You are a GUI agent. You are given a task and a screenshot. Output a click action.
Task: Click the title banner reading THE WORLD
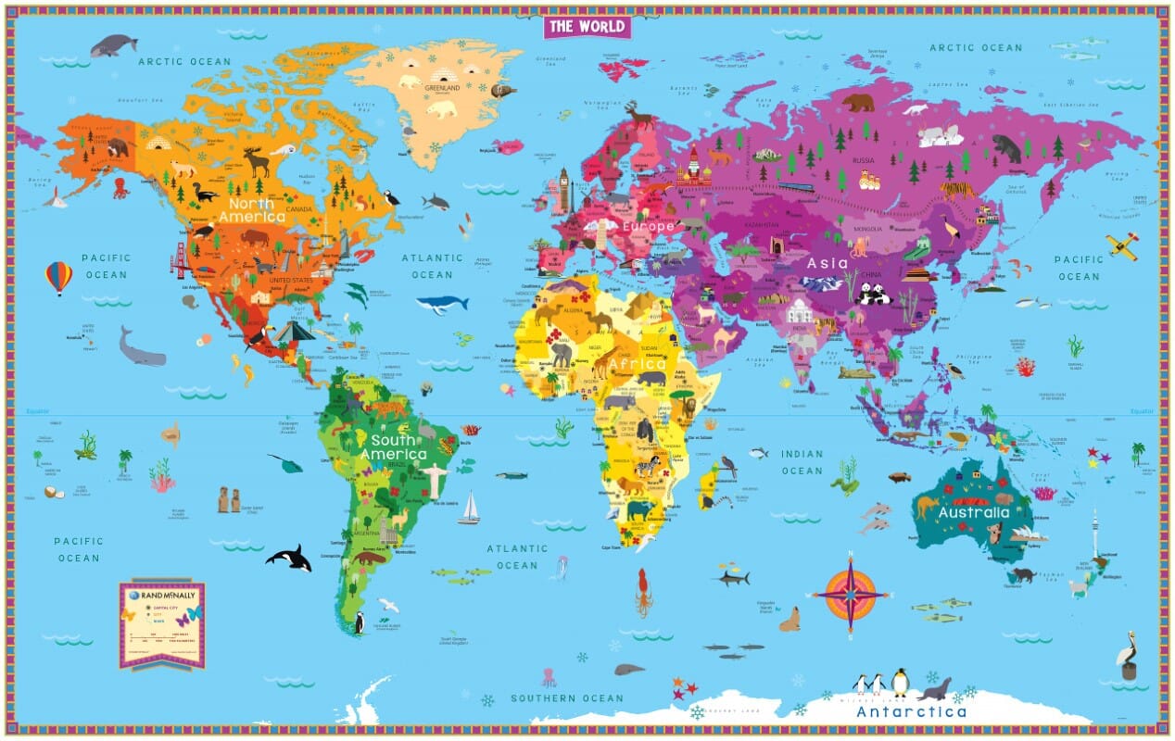tap(587, 26)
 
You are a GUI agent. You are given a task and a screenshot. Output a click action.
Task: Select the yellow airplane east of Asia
tap(1122, 245)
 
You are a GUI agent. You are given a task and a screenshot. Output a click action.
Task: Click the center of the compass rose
tap(848, 594)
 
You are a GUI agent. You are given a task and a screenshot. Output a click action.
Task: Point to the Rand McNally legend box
tap(161, 623)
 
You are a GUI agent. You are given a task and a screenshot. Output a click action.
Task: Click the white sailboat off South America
tap(470, 508)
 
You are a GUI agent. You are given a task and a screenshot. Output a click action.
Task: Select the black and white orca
tap(288, 558)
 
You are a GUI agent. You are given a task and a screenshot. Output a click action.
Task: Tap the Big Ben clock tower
tap(562, 189)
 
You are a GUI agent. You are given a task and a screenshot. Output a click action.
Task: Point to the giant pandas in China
tap(873, 295)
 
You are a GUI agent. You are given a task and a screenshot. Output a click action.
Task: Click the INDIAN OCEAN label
tap(802, 462)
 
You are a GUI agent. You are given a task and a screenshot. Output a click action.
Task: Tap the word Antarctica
tap(911, 711)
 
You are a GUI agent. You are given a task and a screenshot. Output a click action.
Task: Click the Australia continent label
tap(973, 512)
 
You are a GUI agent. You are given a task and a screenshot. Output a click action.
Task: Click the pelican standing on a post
tap(1127, 656)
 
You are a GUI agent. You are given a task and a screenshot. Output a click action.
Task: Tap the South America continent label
tap(394, 447)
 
